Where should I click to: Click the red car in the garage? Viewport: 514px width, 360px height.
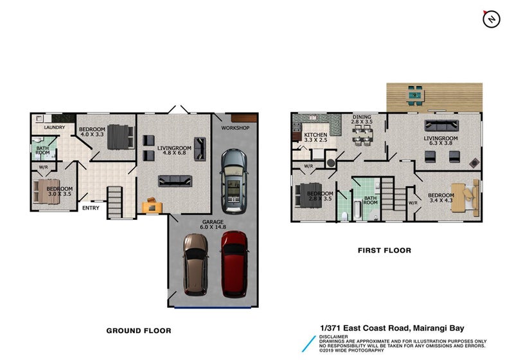tap(234, 263)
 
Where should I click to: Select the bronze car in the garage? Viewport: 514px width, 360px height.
tap(195, 264)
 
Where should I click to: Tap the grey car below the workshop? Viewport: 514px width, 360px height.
tap(233, 182)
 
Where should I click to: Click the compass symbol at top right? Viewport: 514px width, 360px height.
tap(492, 19)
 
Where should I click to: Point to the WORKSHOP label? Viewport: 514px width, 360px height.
tap(235, 128)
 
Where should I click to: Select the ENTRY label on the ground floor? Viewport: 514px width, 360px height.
tap(91, 207)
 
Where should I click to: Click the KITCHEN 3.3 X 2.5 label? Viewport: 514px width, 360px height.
tap(315, 137)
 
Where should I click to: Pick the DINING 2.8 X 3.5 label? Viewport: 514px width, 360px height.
tap(362, 119)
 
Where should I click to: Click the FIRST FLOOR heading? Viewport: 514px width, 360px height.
tap(384, 250)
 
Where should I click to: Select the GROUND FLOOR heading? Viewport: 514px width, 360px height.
tap(139, 330)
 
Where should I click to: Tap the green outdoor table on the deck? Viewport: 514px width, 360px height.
tap(416, 96)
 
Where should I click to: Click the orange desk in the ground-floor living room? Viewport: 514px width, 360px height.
tap(152, 205)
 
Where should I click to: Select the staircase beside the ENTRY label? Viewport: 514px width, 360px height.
tap(115, 202)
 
